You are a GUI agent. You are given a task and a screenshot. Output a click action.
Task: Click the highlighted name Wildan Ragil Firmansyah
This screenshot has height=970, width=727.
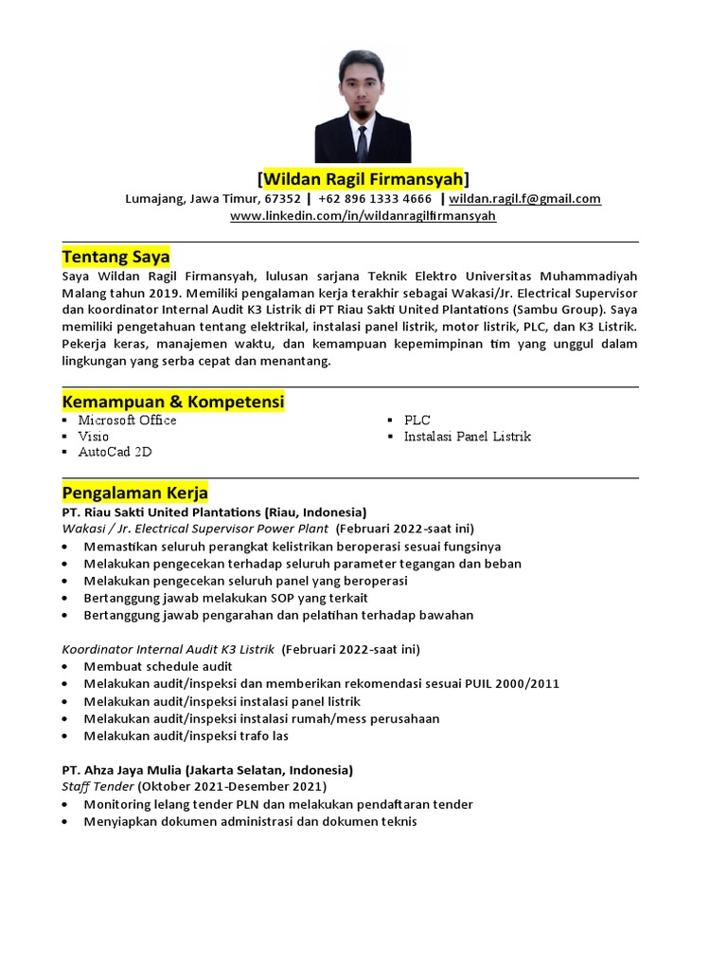coord(363,179)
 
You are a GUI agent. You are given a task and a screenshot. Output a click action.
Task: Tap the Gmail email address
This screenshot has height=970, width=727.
coord(524,199)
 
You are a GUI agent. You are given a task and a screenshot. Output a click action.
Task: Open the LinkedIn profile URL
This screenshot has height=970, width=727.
coord(363,216)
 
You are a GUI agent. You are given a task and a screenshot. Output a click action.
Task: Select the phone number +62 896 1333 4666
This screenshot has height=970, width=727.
coord(375,199)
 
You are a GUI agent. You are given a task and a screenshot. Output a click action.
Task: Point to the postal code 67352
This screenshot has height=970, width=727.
coord(282,199)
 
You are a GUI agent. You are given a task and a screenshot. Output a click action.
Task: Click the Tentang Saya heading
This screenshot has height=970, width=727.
coord(115,257)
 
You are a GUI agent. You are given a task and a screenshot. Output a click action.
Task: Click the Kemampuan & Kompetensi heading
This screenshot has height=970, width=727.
coord(172,402)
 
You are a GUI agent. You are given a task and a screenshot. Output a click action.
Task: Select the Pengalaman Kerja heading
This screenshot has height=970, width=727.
coord(134,493)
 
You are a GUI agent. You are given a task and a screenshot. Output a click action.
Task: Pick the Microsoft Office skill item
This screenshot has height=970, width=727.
coord(127,421)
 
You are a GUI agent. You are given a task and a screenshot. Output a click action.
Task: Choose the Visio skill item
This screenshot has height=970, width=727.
coord(94,437)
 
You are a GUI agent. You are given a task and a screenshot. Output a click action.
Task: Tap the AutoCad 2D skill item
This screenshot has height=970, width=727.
coord(115,453)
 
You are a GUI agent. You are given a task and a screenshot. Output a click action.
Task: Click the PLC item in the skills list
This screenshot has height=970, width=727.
coord(417,421)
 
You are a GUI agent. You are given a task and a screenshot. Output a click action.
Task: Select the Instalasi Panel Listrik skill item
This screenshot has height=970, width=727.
coord(467,437)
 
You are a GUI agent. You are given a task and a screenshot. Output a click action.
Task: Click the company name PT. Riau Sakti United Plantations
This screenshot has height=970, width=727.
coord(162,512)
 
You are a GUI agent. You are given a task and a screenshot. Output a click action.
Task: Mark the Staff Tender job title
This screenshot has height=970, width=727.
coord(98,786)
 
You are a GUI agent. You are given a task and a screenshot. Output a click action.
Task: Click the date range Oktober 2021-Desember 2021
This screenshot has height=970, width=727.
coord(232,786)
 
